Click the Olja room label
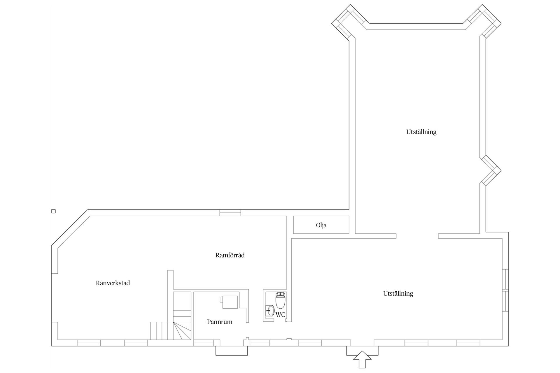321,225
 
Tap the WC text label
280,315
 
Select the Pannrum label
220,322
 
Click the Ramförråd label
230,255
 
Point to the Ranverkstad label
113,283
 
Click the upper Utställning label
421,132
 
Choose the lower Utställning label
398,293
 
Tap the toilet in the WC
280,300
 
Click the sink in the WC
269,311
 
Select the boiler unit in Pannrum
230,302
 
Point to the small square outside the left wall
53,211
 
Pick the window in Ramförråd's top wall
230,213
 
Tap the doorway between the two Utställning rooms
417,236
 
